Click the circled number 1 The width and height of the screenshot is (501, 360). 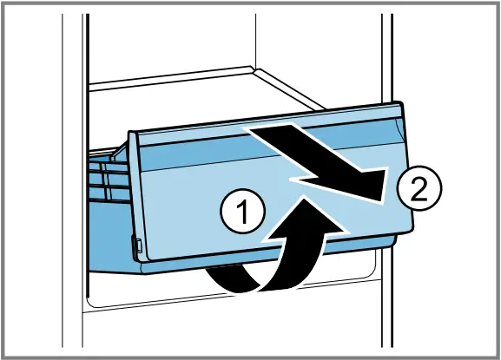pyautogui.click(x=243, y=212)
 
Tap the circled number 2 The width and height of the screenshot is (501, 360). pyautogui.click(x=419, y=187)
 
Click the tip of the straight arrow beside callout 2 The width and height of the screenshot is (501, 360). pyautogui.click(x=381, y=201)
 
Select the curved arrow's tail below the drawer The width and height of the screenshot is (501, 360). pyautogui.click(x=224, y=278)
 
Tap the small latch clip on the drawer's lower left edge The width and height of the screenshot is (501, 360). pyautogui.click(x=138, y=245)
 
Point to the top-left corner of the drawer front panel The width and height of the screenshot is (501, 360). pyautogui.click(x=129, y=132)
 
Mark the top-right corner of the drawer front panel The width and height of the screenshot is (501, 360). pyautogui.click(x=401, y=102)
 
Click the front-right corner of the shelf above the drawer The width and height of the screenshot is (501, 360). pyautogui.click(x=323, y=108)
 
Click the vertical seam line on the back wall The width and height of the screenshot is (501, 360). pyautogui.click(x=255, y=41)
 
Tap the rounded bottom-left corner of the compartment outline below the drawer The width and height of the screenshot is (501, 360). pyautogui.click(x=91, y=302)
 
